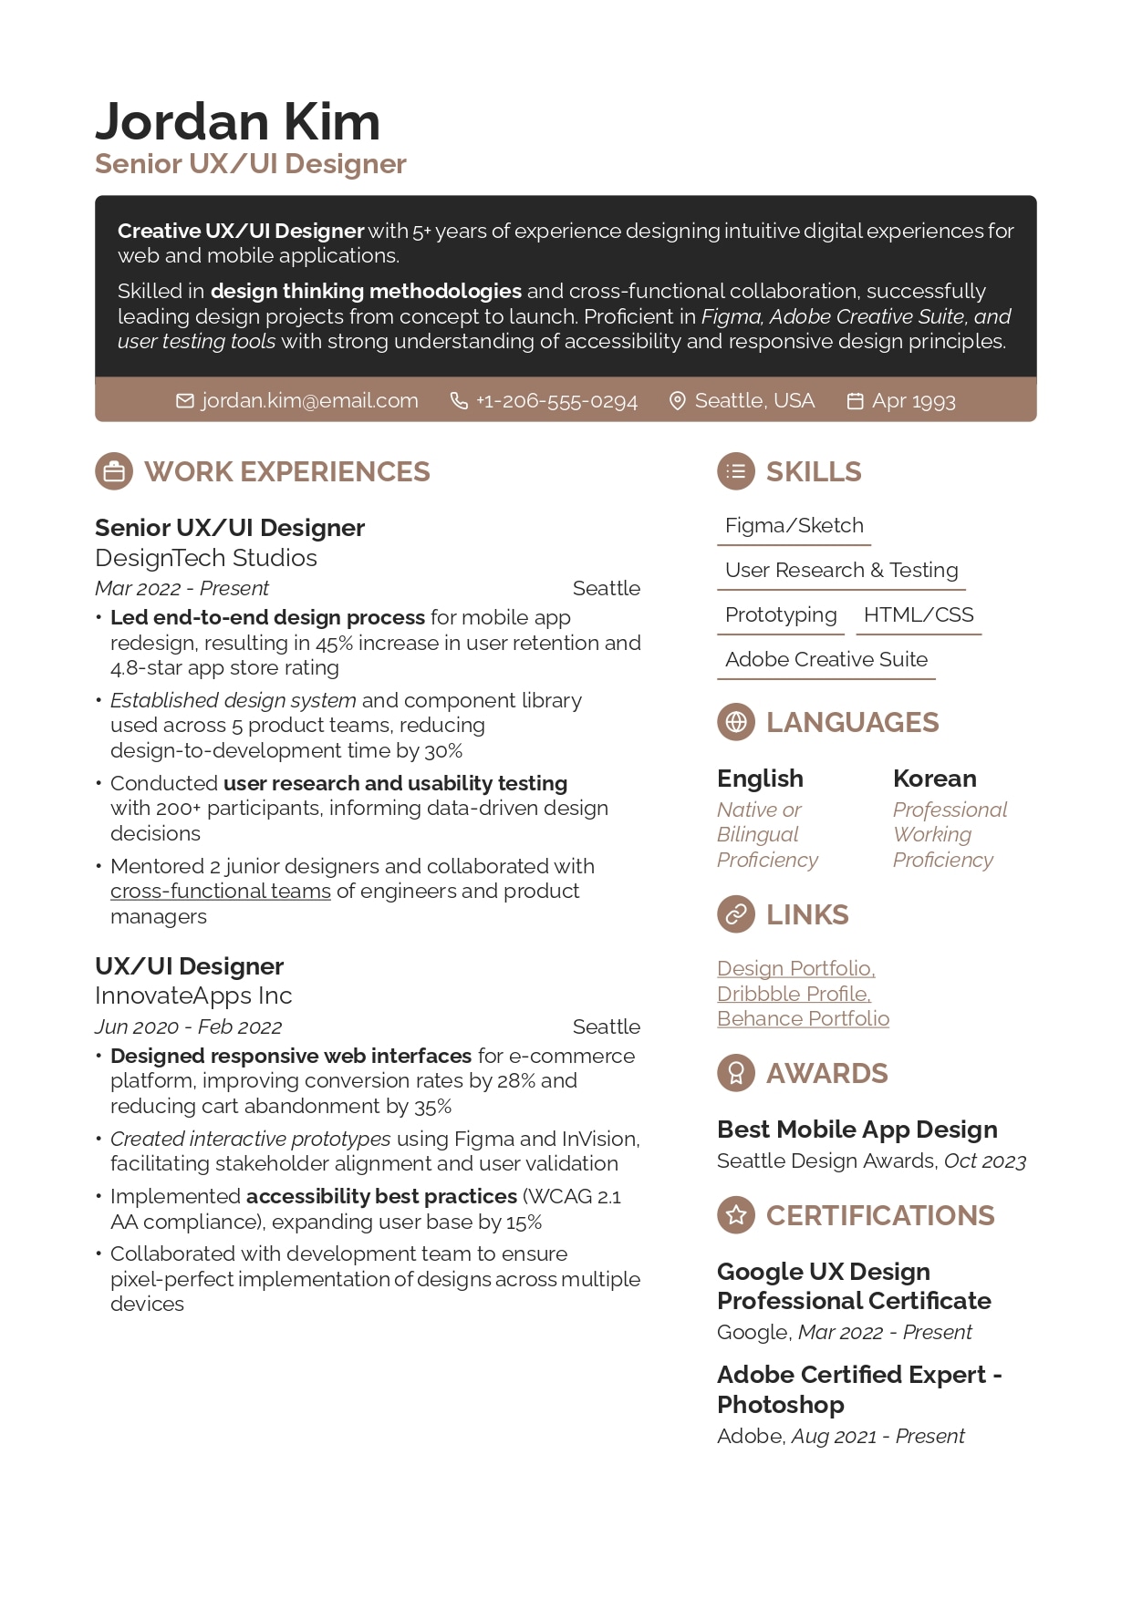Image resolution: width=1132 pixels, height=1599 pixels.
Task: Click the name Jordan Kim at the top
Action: [237, 122]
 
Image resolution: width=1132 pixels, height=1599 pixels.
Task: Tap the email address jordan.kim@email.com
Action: [309, 401]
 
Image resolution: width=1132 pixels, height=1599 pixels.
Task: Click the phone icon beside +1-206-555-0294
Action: [459, 401]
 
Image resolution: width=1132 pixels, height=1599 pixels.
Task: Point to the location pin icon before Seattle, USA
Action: [677, 401]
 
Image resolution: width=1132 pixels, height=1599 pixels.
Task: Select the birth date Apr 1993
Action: [913, 401]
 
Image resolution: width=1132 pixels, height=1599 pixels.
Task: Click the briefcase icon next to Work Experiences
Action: [114, 472]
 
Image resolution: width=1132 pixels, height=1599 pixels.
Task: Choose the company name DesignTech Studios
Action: [206, 558]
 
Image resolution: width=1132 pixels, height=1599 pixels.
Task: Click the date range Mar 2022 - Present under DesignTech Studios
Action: [182, 588]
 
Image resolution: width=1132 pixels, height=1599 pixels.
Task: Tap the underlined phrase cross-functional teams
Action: [221, 891]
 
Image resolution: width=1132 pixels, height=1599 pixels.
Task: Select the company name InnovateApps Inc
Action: [193, 996]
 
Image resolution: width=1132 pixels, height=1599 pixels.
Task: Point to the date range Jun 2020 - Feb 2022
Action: [188, 1026]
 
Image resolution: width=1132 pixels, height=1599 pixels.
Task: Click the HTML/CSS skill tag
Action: [919, 615]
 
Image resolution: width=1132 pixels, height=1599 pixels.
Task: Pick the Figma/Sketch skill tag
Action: [794, 526]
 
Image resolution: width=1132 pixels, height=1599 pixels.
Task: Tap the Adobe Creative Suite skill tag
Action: [826, 660]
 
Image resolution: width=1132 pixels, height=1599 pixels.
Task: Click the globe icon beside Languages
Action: [736, 723]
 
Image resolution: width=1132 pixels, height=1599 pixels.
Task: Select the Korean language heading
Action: [934, 779]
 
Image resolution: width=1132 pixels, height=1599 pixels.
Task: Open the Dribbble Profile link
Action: [794, 994]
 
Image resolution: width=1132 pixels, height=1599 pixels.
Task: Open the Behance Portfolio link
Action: [803, 1018]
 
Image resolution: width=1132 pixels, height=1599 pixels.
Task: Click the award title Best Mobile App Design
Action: [857, 1130]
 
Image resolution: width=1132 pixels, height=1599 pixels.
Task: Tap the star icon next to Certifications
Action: [736, 1215]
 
